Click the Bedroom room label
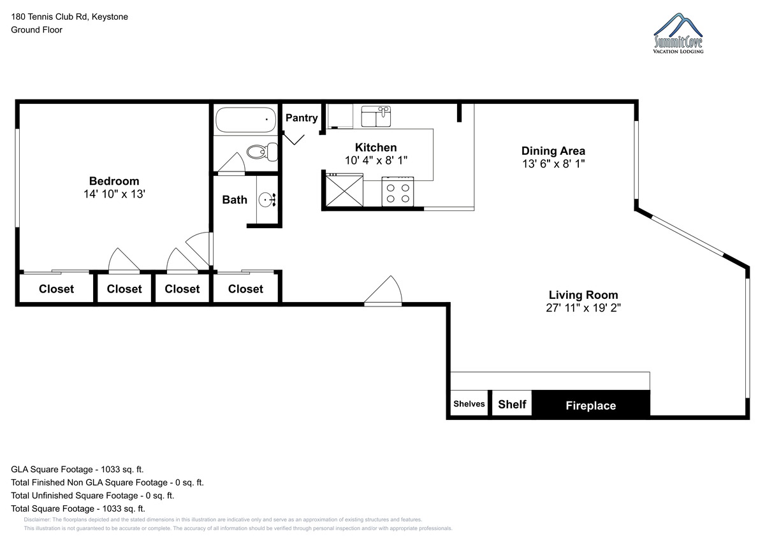click(114, 181)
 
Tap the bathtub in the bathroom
click(246, 120)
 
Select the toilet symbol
click(262, 152)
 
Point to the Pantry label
click(302, 118)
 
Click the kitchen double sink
click(376, 116)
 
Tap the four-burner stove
click(398, 192)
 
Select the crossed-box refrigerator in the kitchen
click(344, 190)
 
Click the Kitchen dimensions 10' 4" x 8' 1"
click(376, 160)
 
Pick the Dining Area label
click(553, 151)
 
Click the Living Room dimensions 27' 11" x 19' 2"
click(583, 308)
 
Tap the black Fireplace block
click(591, 404)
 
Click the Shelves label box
click(469, 403)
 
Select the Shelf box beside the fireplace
click(512, 403)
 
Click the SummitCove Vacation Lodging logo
click(678, 33)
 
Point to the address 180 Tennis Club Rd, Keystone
click(69, 17)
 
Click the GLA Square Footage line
click(77, 470)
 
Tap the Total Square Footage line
click(78, 509)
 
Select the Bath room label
click(235, 199)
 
